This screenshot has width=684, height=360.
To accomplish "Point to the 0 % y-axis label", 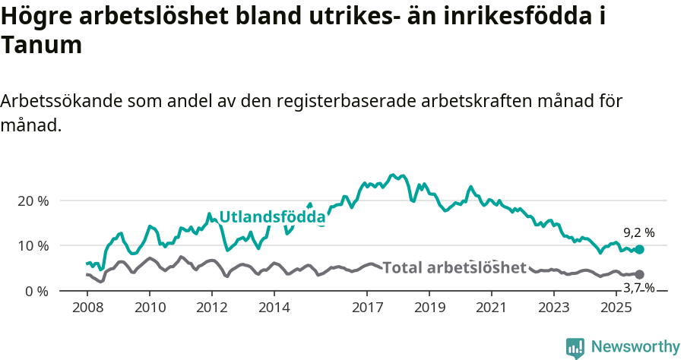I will pos(37,291).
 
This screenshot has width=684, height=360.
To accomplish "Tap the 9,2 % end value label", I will pos(639,233).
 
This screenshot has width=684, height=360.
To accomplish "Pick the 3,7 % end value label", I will pos(639,288).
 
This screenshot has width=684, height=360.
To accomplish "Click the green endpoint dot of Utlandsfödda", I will pos(639,249).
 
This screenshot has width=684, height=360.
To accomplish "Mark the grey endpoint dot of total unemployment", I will pos(639,274).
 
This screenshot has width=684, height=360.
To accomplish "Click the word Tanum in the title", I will pos(41,46).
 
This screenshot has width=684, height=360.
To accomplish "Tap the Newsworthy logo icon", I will pos(575,347).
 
